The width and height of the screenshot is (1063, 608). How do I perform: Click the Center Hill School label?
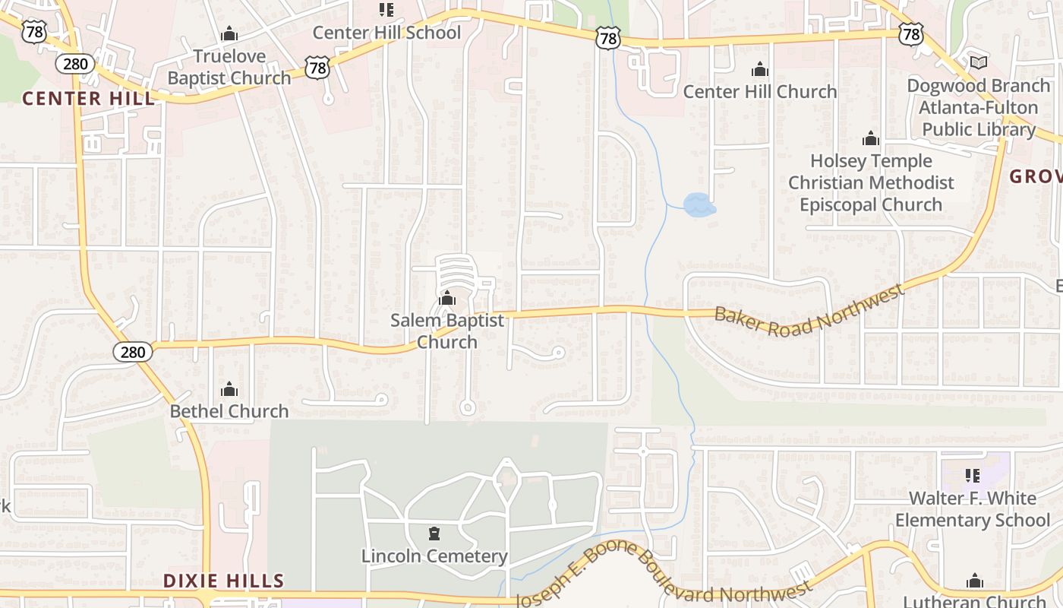[386, 33]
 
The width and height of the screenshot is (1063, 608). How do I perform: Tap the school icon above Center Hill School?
[386, 10]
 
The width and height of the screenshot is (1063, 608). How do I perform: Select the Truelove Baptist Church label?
[229, 67]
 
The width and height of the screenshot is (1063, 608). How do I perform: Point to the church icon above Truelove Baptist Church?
[229, 34]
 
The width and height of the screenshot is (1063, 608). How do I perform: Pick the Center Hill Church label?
[760, 92]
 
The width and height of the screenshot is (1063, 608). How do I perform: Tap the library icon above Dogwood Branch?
[979, 62]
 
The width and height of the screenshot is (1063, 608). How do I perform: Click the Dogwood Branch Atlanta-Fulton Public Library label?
[979, 107]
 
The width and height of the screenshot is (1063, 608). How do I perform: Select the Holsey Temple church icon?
[871, 139]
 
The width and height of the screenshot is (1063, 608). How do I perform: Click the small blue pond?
[699, 205]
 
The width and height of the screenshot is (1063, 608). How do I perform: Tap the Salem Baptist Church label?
[447, 331]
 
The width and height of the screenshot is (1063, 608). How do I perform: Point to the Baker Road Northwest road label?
[809, 309]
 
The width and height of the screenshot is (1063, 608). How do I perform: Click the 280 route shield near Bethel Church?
[133, 352]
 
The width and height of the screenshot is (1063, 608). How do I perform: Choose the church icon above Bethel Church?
[229, 390]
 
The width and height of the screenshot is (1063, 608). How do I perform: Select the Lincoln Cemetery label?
[434, 556]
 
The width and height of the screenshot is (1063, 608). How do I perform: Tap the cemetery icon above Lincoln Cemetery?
[434, 534]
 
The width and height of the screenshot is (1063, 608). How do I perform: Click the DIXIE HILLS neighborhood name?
[223, 581]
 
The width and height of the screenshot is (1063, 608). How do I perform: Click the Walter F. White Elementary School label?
[973, 509]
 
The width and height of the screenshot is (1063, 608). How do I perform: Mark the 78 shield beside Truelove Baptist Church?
[318, 68]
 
